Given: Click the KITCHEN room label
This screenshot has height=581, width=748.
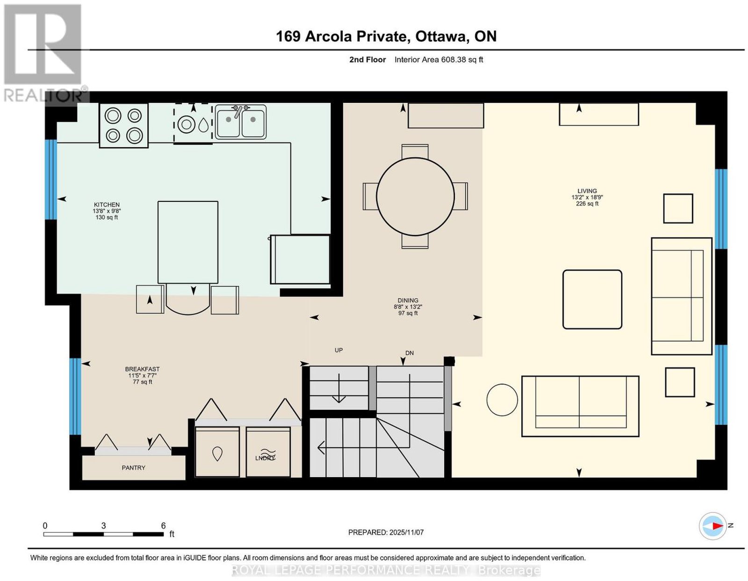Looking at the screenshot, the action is click(x=107, y=205).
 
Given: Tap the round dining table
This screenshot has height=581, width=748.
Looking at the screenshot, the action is click(x=415, y=196).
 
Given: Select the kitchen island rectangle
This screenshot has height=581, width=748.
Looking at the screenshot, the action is click(x=188, y=242).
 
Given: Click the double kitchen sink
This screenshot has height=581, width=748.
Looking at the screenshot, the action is click(x=241, y=122).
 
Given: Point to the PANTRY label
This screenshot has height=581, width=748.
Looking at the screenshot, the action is click(x=134, y=468).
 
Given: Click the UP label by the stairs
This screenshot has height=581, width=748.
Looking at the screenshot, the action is click(x=339, y=350).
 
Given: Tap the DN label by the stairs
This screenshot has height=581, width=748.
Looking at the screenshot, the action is click(x=410, y=353).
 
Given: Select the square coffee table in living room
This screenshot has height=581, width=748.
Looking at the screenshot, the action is click(x=592, y=300).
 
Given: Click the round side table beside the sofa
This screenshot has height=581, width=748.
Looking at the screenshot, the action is click(x=502, y=400).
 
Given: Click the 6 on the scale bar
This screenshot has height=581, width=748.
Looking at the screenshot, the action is click(x=163, y=526).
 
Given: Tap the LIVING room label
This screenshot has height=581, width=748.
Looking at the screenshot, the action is click(x=587, y=191).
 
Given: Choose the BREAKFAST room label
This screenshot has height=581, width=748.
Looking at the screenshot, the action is click(x=142, y=369).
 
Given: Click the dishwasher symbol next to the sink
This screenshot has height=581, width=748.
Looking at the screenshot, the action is click(x=193, y=123).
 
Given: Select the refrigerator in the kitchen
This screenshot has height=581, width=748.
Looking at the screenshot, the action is click(x=300, y=259).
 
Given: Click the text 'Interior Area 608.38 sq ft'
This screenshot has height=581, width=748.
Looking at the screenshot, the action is click(x=439, y=59).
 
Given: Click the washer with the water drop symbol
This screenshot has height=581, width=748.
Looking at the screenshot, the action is click(x=217, y=452).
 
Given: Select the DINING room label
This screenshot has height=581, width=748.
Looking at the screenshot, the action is click(x=408, y=300).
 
